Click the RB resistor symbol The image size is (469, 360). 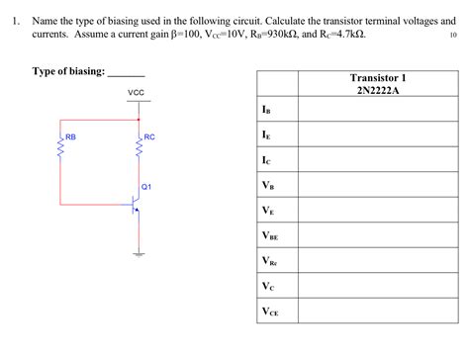[x=61, y=148]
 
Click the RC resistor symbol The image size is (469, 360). [x=139, y=148]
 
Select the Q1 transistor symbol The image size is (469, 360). [x=134, y=205]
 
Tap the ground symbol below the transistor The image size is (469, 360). [x=139, y=253]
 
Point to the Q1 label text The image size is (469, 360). [x=146, y=186]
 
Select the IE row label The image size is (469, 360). [x=266, y=134]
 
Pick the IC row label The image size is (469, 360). [x=266, y=159]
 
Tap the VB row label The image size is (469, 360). [x=267, y=185]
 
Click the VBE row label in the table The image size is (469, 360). [x=270, y=236]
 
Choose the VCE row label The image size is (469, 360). [x=270, y=313]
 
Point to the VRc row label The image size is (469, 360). [x=269, y=261]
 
